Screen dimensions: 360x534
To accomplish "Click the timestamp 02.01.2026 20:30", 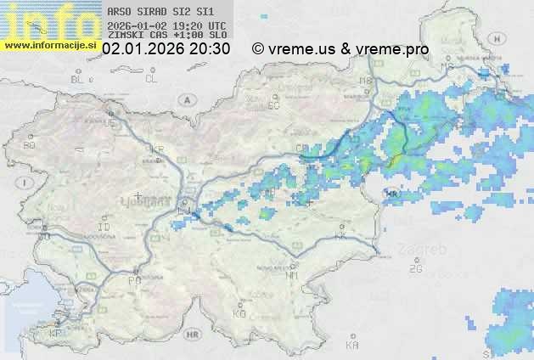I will click(x=166, y=49).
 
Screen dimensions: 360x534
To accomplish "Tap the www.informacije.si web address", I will click(x=50, y=44).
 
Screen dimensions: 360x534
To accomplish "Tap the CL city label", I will click(x=151, y=79).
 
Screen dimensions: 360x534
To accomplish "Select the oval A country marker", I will click(x=185, y=98).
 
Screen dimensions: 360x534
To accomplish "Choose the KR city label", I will click(x=157, y=149).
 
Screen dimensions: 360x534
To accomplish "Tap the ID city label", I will click(x=104, y=228).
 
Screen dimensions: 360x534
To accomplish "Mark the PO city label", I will click(x=133, y=279).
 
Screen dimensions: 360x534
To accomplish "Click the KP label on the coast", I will click(x=55, y=334).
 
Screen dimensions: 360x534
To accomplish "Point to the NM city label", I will click(x=292, y=275).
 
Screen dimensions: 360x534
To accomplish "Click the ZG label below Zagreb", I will click(x=415, y=269).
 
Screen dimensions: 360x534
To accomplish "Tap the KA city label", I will click(x=352, y=346).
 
